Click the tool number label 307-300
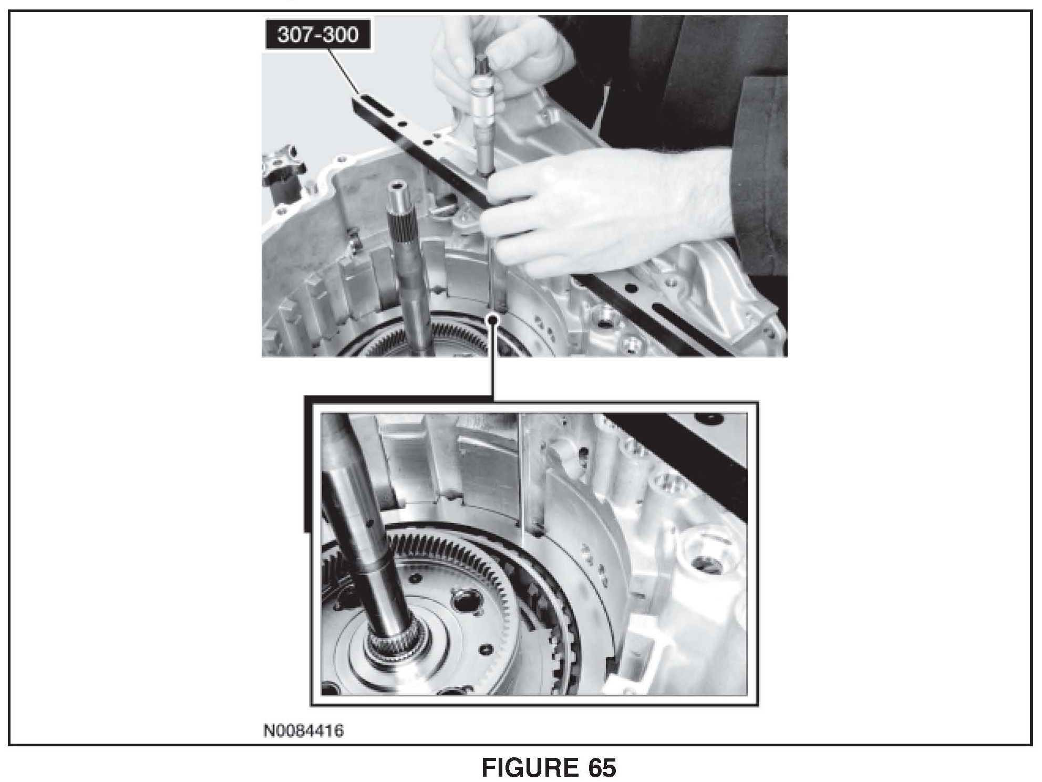coord(318,35)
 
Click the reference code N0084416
coord(304,731)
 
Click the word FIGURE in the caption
coord(528,768)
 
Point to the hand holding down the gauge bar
coord(604,210)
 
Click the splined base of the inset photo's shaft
coord(389,643)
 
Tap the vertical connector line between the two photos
coord(492,360)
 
